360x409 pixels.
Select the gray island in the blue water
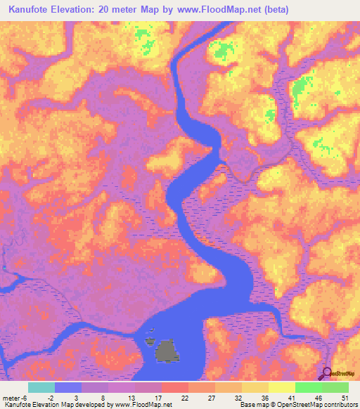click(x=166, y=351)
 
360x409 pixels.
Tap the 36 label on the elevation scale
click(x=262, y=397)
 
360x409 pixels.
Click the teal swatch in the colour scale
click(x=41, y=387)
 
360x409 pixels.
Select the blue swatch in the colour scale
click(x=68, y=387)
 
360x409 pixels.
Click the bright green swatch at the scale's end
click(x=335, y=387)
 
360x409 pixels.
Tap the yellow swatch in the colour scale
click(x=282, y=387)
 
